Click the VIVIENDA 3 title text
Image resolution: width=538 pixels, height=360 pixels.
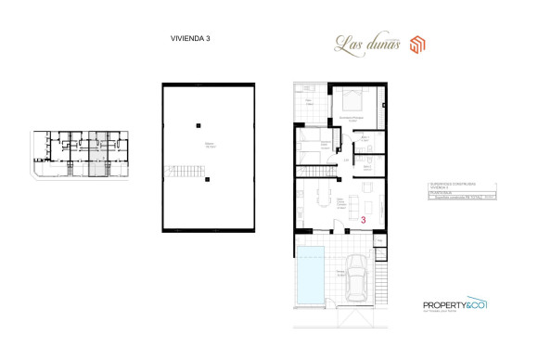(x=191, y=38)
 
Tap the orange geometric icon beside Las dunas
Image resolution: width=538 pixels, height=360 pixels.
(x=417, y=44)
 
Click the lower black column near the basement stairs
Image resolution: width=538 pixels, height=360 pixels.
(x=208, y=178)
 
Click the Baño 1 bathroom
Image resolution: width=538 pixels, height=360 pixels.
(x=366, y=142)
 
